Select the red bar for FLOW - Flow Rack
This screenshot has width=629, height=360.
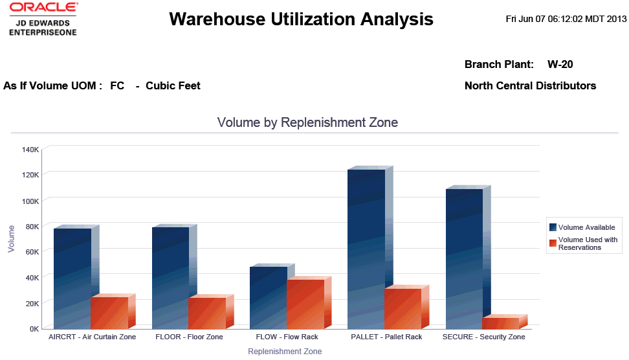tap(305, 303)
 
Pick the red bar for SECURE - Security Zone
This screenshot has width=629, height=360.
tap(501, 322)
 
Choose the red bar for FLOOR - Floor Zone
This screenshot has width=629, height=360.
tap(207, 313)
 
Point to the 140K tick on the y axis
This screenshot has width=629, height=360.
tap(30, 150)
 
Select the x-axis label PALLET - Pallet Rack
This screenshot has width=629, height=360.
tap(386, 337)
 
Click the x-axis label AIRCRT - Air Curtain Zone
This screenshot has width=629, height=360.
tap(93, 337)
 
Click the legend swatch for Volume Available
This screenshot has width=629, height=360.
tap(553, 227)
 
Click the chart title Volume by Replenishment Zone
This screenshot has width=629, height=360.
tap(307, 122)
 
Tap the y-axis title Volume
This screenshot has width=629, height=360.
tap(11, 238)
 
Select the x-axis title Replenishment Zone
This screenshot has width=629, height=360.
tap(285, 352)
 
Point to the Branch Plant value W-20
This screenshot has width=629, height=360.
tap(560, 65)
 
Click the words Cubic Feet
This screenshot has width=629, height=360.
tap(173, 85)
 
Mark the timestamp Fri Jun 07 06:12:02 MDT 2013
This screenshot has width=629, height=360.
tap(566, 19)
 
